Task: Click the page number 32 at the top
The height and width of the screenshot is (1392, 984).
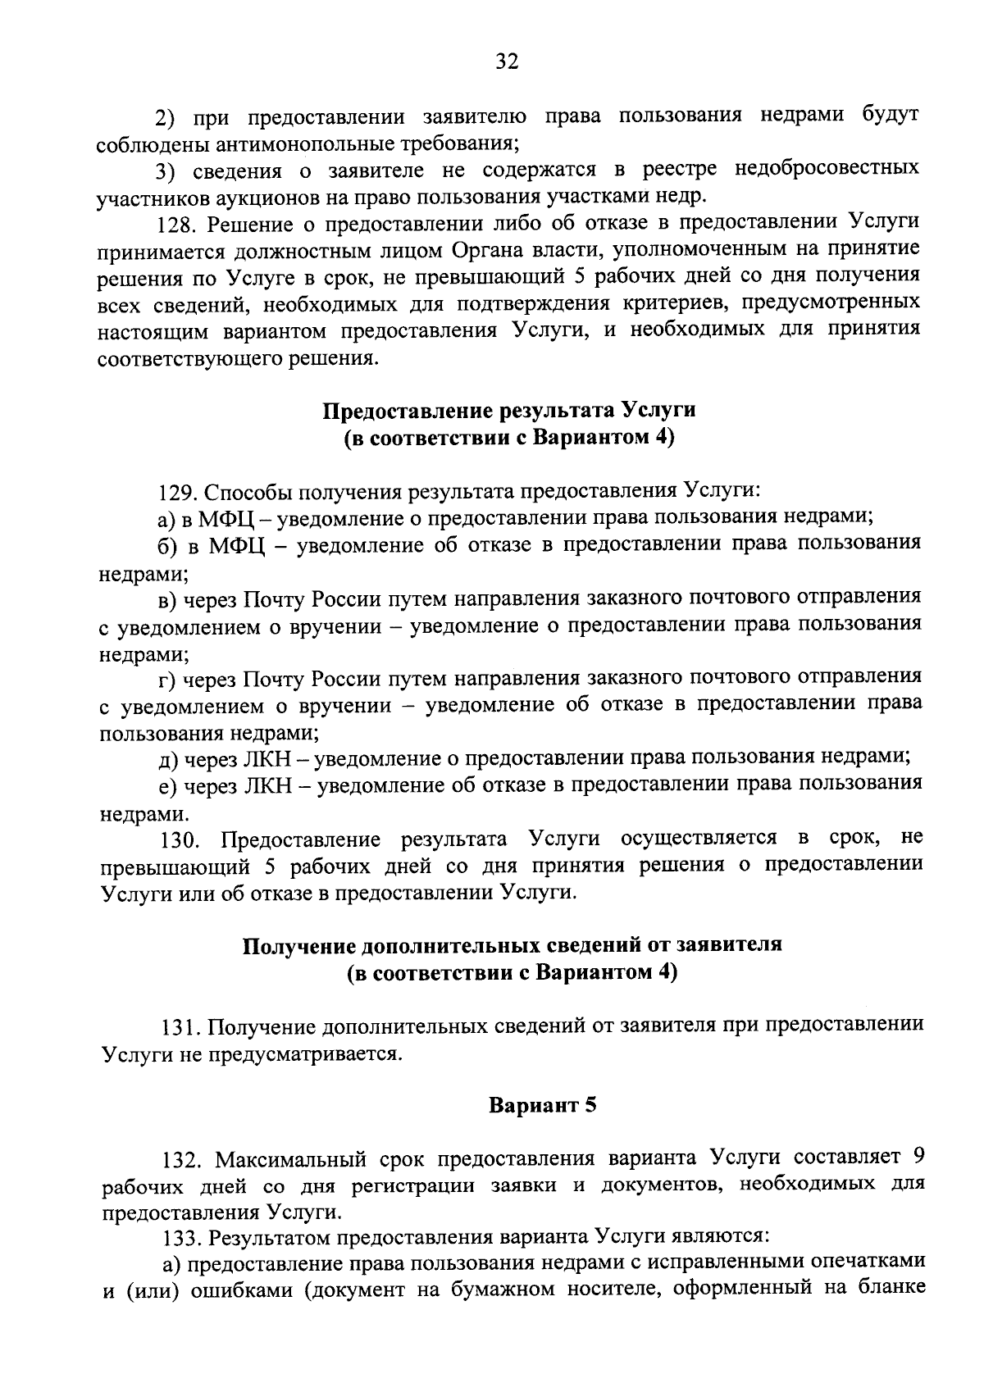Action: pyautogui.click(x=506, y=61)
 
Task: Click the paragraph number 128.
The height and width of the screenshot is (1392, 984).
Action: pyautogui.click(x=175, y=224)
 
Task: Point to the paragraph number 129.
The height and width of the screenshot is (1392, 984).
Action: pyautogui.click(x=176, y=492)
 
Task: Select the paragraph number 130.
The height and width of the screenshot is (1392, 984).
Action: pyautogui.click(x=180, y=839)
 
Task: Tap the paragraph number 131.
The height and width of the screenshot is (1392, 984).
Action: pyautogui.click(x=179, y=1026)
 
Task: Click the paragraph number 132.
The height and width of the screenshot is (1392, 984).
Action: pyautogui.click(x=180, y=1160)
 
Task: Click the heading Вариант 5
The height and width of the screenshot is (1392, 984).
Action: pyautogui.click(x=542, y=1105)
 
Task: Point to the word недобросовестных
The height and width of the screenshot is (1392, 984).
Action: pyautogui.click(x=827, y=170)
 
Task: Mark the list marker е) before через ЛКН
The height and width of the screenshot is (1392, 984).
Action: pyautogui.click(x=168, y=785)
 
